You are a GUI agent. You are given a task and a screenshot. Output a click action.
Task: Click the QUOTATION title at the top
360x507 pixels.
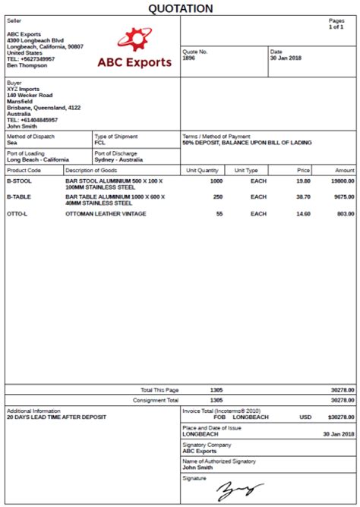tap(180, 8)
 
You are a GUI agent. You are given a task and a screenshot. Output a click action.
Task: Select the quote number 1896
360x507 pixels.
tap(189, 58)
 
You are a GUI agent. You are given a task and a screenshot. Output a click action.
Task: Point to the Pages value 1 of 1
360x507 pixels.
tap(336, 27)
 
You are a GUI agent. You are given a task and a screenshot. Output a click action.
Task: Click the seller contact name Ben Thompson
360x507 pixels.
tap(27, 65)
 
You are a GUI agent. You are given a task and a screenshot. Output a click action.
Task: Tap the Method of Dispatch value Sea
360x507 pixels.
tap(12, 143)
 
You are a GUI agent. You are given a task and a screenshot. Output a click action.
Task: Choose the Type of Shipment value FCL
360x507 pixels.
tap(100, 143)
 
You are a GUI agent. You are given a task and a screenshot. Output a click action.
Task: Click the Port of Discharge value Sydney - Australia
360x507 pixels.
tap(119, 160)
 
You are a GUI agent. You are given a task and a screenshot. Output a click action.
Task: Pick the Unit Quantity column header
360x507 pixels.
tap(202, 171)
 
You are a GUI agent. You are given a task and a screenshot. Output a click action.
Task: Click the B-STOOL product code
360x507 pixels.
tap(18, 181)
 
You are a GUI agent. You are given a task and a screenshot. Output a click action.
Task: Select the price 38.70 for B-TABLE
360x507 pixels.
tap(303, 197)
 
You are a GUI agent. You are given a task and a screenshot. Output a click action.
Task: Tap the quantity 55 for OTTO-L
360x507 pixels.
tap(219, 214)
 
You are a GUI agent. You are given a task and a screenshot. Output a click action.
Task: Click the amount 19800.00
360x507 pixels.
tap(342, 181)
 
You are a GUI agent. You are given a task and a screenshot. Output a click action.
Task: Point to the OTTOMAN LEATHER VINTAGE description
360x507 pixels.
tap(106, 214)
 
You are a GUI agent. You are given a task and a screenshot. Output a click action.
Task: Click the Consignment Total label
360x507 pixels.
tap(156, 400)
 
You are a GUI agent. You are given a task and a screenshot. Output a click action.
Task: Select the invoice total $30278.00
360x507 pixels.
tap(340, 417)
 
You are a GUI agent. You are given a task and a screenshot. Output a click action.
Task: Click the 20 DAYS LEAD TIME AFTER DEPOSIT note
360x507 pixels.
tap(56, 417)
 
